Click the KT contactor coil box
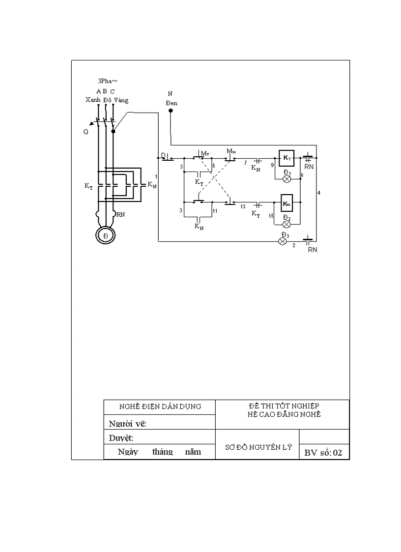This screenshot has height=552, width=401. point(286,158)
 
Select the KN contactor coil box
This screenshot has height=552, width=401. point(286,202)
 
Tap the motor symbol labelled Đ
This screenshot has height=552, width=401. point(106,235)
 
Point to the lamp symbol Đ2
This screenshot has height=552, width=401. point(286,224)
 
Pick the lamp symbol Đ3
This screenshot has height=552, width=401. point(283,241)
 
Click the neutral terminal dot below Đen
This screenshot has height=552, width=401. point(171,111)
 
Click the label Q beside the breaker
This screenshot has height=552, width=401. point(86,132)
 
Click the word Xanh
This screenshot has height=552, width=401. point(93,100)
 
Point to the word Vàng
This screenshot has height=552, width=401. point(121,100)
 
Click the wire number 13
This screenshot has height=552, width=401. point(243,206)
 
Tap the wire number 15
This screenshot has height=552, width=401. point(271,216)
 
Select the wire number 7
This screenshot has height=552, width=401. point(245,162)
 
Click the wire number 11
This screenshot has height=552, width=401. point(215,210)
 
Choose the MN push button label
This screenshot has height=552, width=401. point(230,150)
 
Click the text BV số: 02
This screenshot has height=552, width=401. point(323,453)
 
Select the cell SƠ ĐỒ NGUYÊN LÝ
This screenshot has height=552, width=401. point(258,447)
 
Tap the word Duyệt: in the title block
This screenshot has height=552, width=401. point(121,438)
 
